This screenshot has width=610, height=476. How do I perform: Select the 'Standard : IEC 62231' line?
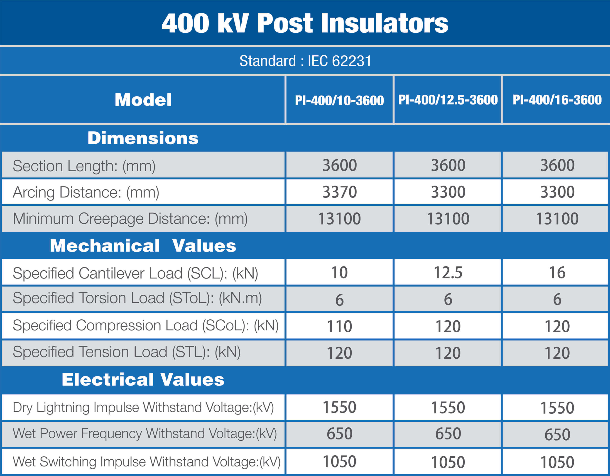305,61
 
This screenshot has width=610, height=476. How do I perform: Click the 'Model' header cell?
143,100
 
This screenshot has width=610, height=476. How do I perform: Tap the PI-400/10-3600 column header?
339,100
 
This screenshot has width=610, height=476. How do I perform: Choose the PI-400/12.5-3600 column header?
448,100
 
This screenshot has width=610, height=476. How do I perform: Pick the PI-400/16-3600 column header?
557,100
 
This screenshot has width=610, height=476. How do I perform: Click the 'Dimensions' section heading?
143,138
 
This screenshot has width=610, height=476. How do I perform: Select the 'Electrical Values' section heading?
143,380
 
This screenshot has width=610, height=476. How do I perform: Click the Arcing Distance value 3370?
340,192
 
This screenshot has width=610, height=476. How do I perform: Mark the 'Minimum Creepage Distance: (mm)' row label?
130,219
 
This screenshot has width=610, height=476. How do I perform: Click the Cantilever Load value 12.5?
448,273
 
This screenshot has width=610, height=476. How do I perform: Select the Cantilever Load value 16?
557,273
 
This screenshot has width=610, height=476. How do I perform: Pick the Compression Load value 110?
339,326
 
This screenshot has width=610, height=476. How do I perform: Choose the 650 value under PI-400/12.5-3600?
448,434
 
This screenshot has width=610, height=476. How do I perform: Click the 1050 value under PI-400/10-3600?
339,461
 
